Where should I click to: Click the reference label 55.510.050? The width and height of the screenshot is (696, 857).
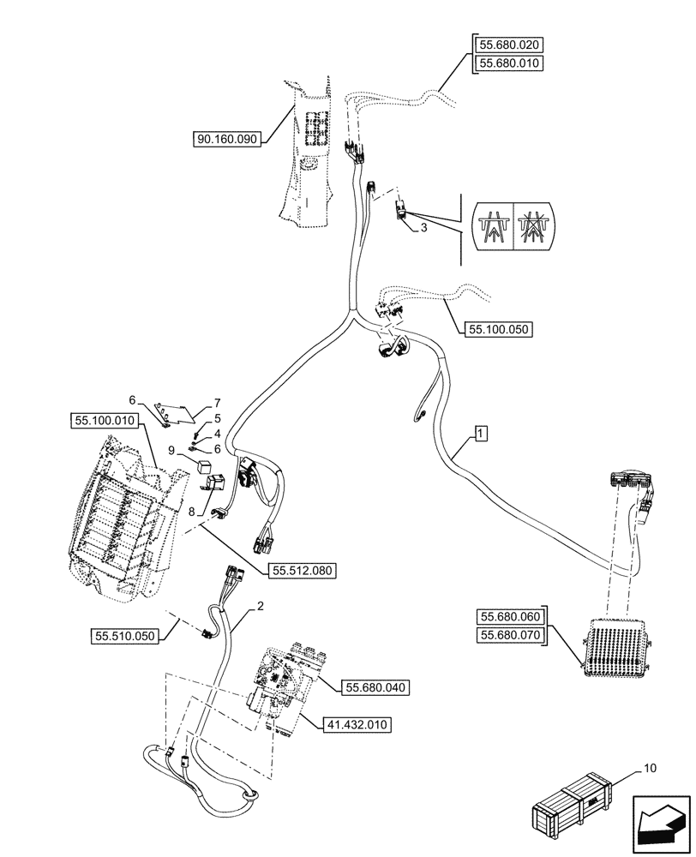124,635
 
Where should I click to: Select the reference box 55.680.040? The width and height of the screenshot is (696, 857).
376,687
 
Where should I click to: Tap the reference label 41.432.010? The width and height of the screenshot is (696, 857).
357,725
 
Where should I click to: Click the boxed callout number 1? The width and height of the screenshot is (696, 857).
481,434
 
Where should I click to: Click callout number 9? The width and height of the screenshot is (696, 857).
172,449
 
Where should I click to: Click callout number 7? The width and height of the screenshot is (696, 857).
218,402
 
